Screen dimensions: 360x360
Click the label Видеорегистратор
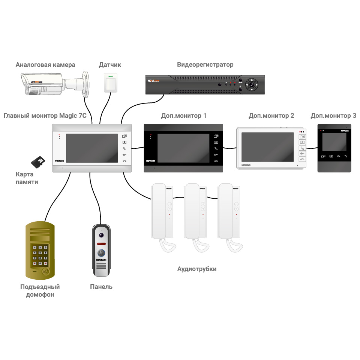pyautogui.click(x=205, y=64)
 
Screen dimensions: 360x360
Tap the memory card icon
pyautogui.click(x=37, y=162)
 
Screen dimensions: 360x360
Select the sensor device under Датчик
pyautogui.click(x=111, y=83)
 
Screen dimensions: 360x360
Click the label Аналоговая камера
pyautogui.click(x=45, y=64)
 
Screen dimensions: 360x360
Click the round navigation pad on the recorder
pyautogui.click(x=252, y=85)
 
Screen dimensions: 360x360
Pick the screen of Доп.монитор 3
pyautogui.click(x=334, y=142)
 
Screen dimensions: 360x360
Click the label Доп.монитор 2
pyautogui.click(x=271, y=116)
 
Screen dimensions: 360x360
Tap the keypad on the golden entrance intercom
pyautogui.click(x=40, y=255)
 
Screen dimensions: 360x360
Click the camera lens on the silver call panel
pyautogui.click(x=101, y=235)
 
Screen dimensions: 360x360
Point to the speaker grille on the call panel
pyautogui.click(x=101, y=267)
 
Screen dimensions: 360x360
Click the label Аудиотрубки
pyautogui.click(x=196, y=269)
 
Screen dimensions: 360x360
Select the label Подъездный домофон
pyautogui.click(x=40, y=291)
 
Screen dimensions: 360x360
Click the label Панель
pyautogui.click(x=101, y=287)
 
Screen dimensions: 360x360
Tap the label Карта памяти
pyautogui.click(x=27, y=178)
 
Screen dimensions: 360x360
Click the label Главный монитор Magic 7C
pyautogui.click(x=45, y=116)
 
